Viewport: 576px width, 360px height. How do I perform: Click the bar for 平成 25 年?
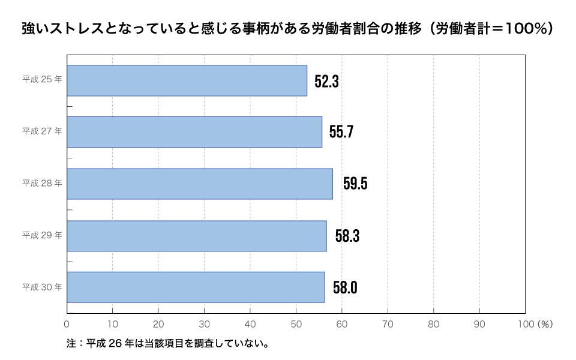187,80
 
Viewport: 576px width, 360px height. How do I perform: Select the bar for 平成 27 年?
194,132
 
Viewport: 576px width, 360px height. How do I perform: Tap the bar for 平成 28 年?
200,184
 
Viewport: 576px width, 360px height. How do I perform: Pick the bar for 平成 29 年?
197,236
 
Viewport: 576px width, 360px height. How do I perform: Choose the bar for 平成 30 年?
196,287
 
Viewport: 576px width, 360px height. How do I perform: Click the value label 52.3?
326,82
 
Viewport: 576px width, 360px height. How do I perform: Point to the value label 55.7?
341,132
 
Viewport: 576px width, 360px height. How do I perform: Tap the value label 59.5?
355,184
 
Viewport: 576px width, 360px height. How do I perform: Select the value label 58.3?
347,236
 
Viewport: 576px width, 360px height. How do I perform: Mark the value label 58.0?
345,288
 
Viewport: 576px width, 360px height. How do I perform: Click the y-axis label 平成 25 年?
42,79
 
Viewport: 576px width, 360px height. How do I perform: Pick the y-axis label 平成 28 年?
42,183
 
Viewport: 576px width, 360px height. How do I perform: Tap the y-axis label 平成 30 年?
42,287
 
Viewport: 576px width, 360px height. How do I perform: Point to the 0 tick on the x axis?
67,324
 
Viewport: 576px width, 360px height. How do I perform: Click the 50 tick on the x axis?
296,324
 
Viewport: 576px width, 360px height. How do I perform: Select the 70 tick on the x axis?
388,324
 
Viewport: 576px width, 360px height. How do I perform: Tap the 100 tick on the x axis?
525,324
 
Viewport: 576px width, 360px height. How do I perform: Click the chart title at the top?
287,29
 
